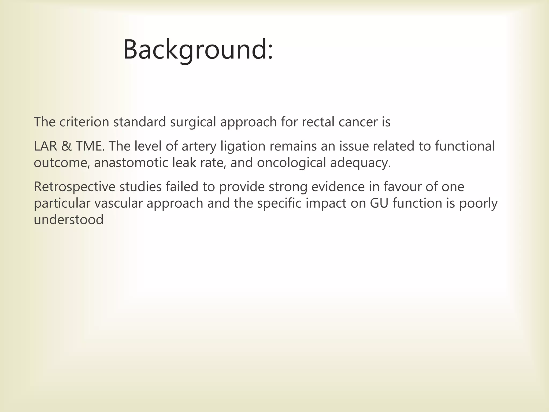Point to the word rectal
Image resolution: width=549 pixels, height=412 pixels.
pyautogui.click(x=318, y=122)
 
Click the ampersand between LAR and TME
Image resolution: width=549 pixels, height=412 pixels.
pyautogui.click(x=66, y=146)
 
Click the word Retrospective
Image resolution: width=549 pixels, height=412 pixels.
pyautogui.click(x=74, y=187)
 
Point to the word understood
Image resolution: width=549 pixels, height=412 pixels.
pyautogui.click(x=69, y=220)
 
